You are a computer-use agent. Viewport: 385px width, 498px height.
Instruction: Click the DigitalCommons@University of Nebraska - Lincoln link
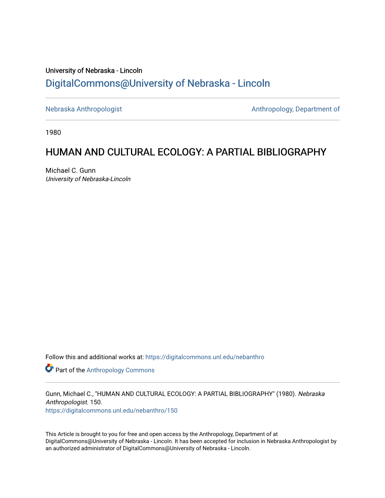[x=157, y=83]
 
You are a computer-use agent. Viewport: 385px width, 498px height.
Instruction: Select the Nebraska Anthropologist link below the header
[x=83, y=109]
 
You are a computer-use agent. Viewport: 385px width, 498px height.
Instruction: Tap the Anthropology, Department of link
[x=295, y=109]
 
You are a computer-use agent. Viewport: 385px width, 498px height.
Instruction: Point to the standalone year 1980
[x=53, y=132]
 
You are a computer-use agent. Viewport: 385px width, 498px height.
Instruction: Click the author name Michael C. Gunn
[x=71, y=171]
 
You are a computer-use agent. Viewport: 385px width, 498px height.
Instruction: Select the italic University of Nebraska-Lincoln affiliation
[x=88, y=179]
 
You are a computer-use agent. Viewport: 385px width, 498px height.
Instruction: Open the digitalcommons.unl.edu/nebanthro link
[x=205, y=357]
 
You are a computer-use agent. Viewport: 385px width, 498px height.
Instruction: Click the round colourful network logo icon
[x=49, y=368]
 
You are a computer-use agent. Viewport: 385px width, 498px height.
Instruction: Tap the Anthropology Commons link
[x=120, y=370]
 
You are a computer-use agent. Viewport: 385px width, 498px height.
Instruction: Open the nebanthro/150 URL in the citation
[x=111, y=410]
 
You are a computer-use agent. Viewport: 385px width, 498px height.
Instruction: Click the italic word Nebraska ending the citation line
[x=311, y=394]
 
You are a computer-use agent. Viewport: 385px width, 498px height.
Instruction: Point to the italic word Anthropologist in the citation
[x=66, y=402]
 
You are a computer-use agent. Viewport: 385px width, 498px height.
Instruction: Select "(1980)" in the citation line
[x=286, y=394]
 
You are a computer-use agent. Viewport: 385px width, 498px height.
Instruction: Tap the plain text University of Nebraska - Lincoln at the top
[x=94, y=71]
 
